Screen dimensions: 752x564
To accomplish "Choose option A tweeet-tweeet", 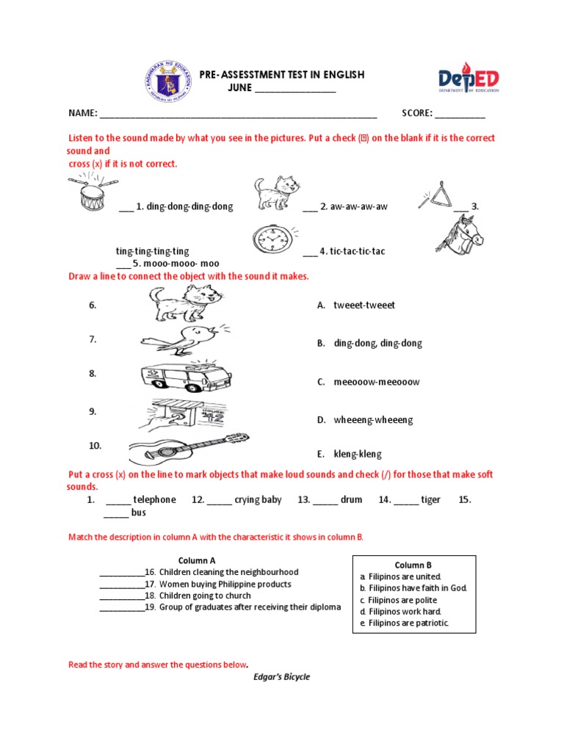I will (x=364, y=305).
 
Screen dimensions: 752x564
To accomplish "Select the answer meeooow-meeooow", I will (x=377, y=382).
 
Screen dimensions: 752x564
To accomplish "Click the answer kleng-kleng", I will (x=358, y=455).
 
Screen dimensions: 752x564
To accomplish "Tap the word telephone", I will (x=154, y=500).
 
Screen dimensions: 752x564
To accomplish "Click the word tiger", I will (x=430, y=500).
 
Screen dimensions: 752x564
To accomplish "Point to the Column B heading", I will (x=413, y=565).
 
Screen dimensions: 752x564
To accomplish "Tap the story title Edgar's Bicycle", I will (x=282, y=677).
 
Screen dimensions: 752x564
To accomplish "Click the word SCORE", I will (x=416, y=113).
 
